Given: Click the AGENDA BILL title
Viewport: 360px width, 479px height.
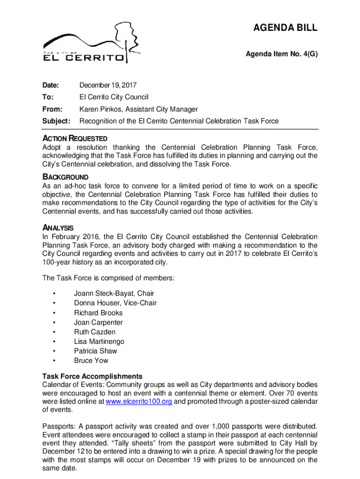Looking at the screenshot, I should pos(286,28).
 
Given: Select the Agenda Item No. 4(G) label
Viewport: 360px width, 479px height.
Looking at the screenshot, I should pos(281,54).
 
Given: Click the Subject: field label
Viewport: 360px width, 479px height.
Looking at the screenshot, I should pos(56,121).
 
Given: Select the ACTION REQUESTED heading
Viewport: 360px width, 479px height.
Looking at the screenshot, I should pos(75,138).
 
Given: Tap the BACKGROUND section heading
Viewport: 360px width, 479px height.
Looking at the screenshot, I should pos(65,177).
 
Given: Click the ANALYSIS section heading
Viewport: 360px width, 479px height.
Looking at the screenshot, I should pos(58,228).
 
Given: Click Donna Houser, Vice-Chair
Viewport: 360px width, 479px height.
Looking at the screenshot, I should pos(115,303).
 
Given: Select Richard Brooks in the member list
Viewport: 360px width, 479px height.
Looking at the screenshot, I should pos(98,313).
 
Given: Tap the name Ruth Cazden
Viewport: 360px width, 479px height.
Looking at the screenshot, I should pos(94,332).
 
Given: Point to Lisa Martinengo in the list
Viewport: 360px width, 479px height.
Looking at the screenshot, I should pos(99,342).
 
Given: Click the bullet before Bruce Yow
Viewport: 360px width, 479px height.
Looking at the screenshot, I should pos(55,361).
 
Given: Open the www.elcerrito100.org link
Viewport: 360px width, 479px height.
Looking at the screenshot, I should pos(139,402).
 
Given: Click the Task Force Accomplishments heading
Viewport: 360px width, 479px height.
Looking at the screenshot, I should pos(92,377).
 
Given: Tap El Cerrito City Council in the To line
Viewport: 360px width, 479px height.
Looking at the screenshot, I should pos(114,97).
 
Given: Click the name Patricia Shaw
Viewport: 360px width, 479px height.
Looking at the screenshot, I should pos(95,351).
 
